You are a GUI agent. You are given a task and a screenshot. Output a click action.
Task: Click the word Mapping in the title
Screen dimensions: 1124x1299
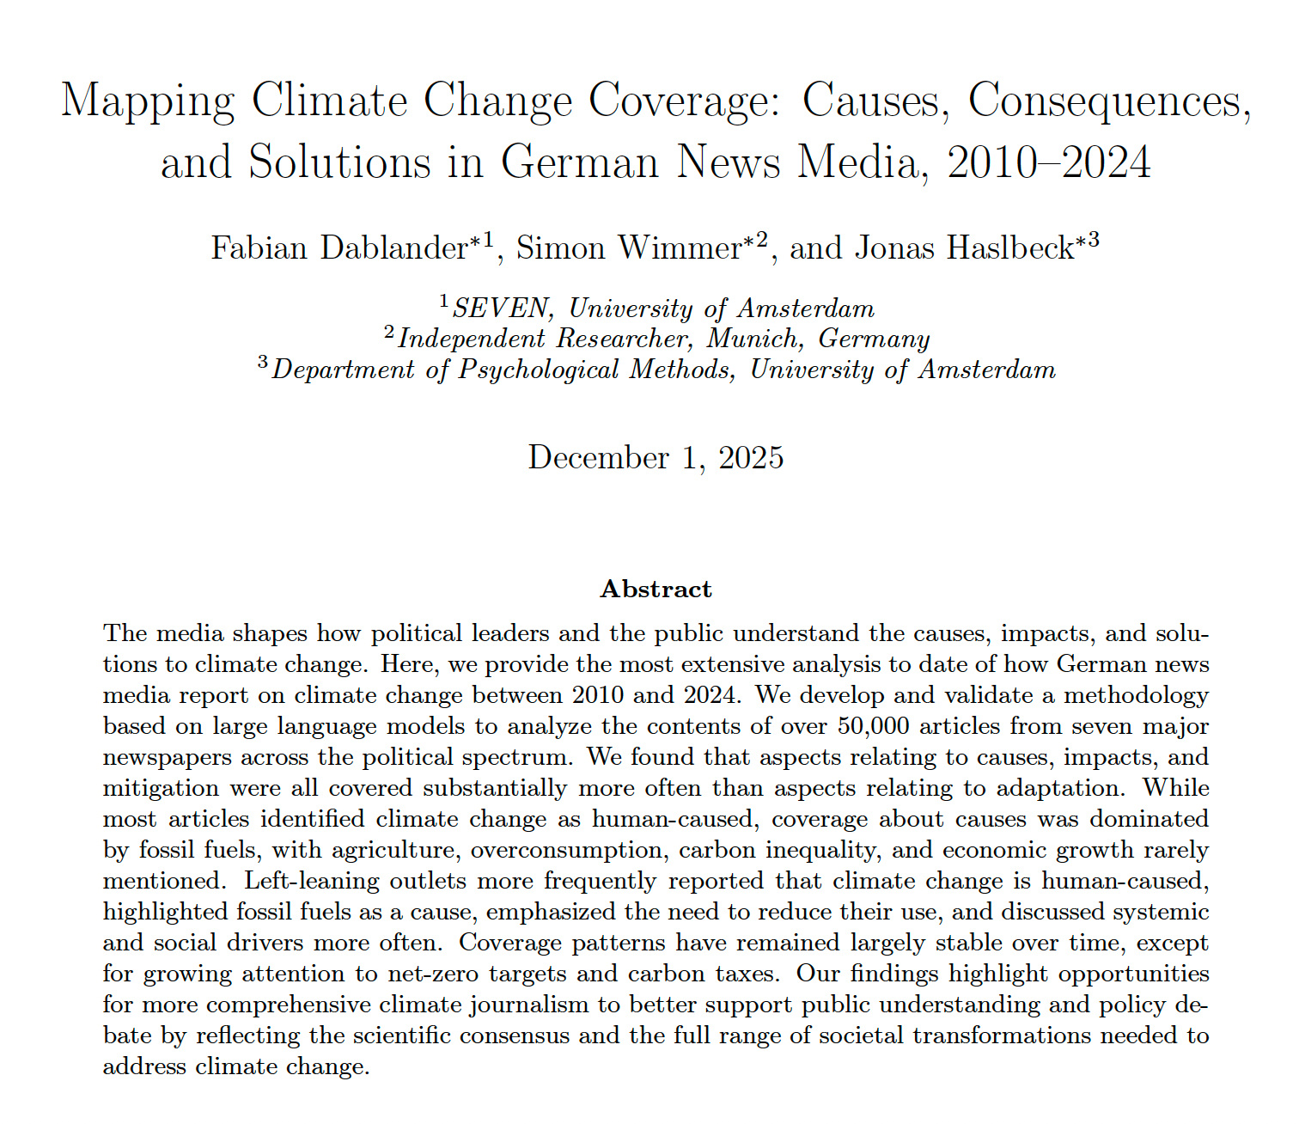147,101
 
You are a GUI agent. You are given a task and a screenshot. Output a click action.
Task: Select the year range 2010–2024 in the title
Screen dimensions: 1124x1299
1048,162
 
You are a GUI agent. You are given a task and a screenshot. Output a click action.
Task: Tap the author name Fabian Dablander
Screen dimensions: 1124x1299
338,248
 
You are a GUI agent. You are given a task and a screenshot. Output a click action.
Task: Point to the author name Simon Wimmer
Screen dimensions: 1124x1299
629,248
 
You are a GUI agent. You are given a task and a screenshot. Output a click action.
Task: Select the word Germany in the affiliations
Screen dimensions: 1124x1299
874,339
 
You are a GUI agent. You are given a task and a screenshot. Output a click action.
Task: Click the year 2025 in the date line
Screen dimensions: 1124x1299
751,457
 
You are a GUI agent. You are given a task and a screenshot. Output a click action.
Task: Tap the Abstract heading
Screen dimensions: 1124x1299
656,589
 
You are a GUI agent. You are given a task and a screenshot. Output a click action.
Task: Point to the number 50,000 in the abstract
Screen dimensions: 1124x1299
873,726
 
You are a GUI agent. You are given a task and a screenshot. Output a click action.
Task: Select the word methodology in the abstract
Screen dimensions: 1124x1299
1143,695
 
